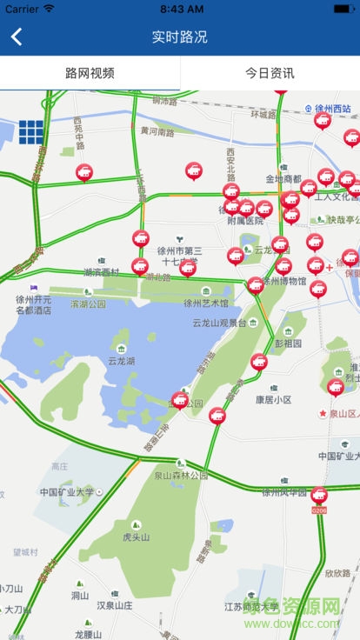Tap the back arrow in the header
click(17, 37)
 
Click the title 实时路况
click(180, 37)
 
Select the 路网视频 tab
click(90, 73)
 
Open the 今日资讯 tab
click(270, 73)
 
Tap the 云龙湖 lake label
click(122, 360)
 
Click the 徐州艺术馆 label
click(205, 303)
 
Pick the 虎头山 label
click(136, 537)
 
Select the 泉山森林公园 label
click(182, 476)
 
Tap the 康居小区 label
click(273, 400)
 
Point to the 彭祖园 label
click(288, 343)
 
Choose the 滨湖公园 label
click(88, 304)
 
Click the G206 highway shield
click(318, 510)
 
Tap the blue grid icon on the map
click(31, 131)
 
